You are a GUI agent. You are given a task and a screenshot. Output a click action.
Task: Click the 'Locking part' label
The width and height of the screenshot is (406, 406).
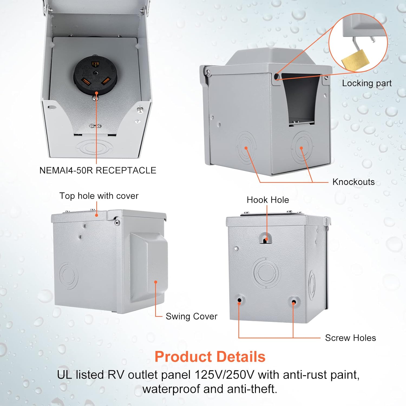click(367, 83)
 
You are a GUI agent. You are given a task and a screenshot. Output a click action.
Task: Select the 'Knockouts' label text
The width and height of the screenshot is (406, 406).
click(353, 182)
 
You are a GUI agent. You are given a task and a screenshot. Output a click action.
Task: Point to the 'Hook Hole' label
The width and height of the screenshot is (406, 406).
click(268, 200)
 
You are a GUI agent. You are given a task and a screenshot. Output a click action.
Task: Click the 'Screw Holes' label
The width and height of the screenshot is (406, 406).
click(350, 338)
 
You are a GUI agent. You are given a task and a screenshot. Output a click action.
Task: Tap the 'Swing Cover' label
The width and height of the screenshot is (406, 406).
click(191, 316)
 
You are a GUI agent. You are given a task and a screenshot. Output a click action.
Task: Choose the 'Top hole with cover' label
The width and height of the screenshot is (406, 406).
click(99, 196)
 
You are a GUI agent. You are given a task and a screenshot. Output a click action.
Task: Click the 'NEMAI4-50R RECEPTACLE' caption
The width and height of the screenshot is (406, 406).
click(98, 170)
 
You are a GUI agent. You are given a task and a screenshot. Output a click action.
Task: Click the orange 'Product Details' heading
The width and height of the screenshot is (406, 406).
click(210, 356)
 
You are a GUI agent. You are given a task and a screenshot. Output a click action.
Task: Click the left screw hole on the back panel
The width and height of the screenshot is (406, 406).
click(240, 300)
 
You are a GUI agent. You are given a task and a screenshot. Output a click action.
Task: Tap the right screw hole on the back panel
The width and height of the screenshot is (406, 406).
click(294, 301)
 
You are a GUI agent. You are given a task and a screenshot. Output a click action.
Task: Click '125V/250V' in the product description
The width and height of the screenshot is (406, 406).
click(225, 375)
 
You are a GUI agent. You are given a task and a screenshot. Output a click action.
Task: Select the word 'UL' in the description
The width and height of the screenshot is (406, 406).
click(64, 375)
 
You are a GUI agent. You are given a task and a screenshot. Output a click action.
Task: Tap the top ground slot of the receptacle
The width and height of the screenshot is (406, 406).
click(95, 64)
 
